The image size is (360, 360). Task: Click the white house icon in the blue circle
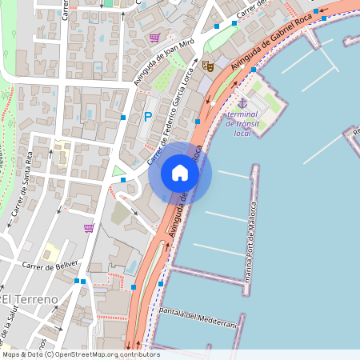coord(180,172)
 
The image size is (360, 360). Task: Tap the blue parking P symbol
coord(147,117)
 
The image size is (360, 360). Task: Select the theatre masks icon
coord(207,67)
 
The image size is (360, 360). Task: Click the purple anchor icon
coord(242,102)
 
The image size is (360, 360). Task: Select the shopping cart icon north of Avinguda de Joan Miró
coord(154,38)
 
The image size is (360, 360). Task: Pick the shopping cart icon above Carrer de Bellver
coord(88,228)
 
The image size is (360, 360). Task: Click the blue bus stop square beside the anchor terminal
coord(253,70)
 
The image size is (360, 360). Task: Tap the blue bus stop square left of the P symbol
coord(123,117)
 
